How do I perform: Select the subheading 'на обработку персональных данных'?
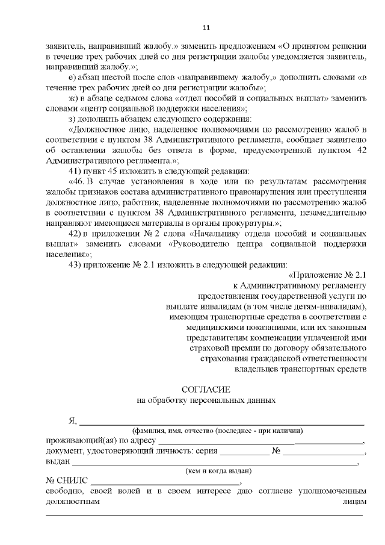pos(206,399)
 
